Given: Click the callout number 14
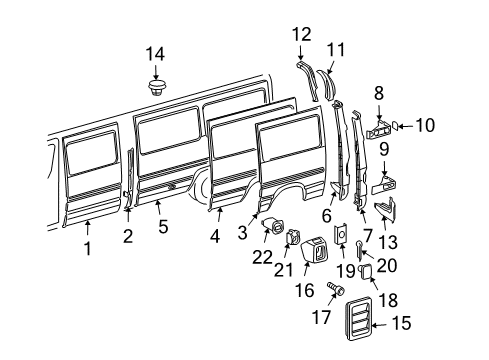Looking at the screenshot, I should coord(153,53).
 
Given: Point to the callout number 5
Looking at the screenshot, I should coord(163,225).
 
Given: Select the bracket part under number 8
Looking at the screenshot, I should coord(381,128).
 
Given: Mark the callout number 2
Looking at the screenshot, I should coord(128,236).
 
